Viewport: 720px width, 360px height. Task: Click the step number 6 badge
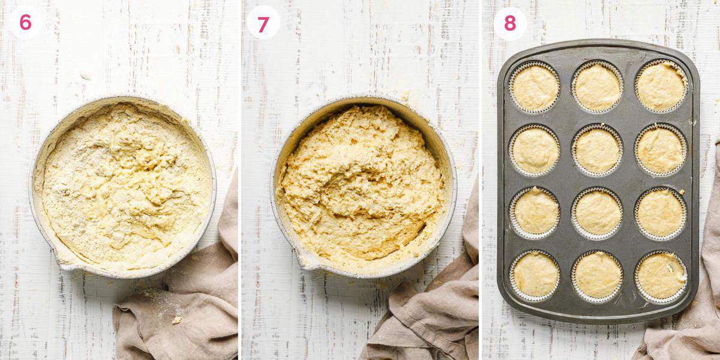25,23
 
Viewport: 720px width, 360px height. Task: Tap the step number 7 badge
263,25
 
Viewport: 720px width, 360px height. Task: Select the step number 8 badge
509,23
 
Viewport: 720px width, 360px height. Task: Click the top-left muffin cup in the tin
535,88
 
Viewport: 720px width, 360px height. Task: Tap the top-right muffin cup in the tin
661,86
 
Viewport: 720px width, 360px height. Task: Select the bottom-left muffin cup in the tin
535,275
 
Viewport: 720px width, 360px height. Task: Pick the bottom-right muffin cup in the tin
661,275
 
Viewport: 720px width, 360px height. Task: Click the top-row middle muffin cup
597,87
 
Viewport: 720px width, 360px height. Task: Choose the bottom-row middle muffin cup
598,275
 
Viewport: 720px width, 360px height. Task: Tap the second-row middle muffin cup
597,150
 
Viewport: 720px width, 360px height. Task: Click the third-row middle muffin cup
598,212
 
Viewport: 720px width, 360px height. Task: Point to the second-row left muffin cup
535,150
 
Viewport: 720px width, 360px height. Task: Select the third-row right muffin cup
660,213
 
